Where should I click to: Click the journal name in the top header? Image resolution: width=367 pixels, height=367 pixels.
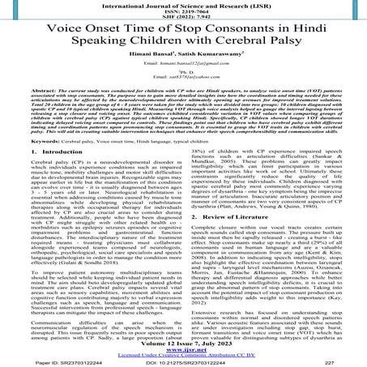tap(183, 6)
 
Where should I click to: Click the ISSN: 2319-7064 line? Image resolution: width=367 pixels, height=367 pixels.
tap(183, 15)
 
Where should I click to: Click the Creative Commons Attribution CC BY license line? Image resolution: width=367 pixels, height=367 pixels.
tap(183, 352)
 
